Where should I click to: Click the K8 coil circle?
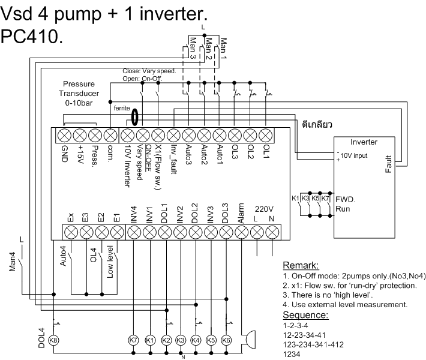click(x=54, y=340)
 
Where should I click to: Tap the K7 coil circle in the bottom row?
click(x=134, y=340)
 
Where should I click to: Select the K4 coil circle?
click(x=196, y=340)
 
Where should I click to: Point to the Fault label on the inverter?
click(x=388, y=162)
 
